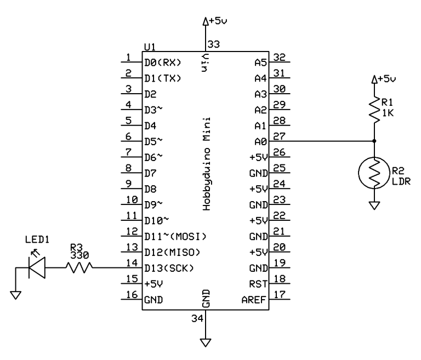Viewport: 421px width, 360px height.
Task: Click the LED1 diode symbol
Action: coord(37,268)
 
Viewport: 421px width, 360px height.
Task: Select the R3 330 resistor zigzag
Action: coord(78,267)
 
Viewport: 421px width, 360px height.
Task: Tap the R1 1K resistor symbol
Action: coord(374,110)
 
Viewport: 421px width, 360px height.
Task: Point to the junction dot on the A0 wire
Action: coord(374,141)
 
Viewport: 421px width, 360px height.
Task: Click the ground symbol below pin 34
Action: coord(206,343)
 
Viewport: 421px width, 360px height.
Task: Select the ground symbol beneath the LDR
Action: coord(374,206)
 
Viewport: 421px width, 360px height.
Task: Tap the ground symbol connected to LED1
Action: coord(16,295)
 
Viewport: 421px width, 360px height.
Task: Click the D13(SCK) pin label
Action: coord(169,268)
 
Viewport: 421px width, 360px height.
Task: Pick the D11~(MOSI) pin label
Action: coord(174,236)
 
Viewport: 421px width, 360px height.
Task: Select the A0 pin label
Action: coord(260,141)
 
